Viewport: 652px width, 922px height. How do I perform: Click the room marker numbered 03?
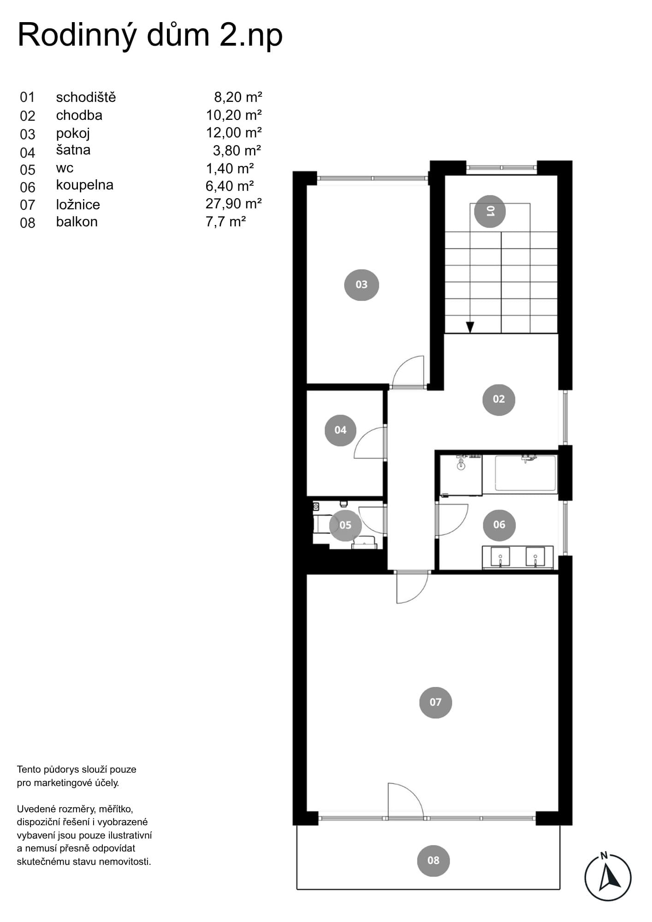[362, 285]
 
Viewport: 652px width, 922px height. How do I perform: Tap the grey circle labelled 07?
[435, 702]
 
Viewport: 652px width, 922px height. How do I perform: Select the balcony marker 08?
[433, 860]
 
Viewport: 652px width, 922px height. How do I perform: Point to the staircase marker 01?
[490, 211]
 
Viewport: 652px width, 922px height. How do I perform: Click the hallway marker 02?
[498, 399]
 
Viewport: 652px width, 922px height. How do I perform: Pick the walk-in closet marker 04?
[340, 430]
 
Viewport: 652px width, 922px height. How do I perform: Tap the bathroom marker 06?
[499, 525]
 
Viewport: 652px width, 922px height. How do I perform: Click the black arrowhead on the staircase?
[470, 327]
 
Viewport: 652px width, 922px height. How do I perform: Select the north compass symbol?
[608, 877]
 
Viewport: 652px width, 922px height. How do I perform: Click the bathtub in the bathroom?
[526, 473]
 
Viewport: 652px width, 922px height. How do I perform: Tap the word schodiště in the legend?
[86, 97]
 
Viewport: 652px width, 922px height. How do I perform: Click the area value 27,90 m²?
[234, 203]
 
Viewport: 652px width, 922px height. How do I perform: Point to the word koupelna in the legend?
[85, 185]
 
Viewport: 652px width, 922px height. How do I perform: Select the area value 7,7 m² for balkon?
[225, 222]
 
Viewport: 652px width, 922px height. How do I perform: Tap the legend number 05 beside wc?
[28, 170]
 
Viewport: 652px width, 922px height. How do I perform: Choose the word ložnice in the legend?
[78, 204]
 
